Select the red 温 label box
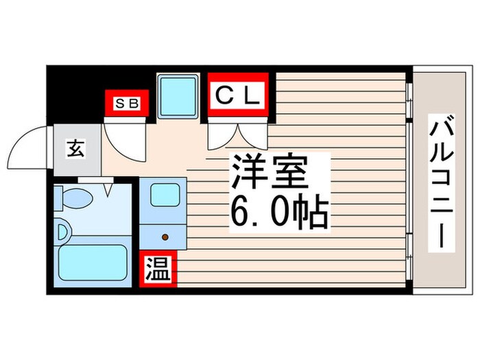pyautogui.click(x=158, y=270)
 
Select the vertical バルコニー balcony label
pyautogui.click(x=440, y=182)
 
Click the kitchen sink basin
pyautogui.click(x=165, y=195)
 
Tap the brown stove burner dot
pyautogui.click(x=165, y=237)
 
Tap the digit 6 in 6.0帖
pyautogui.click(x=241, y=213)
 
